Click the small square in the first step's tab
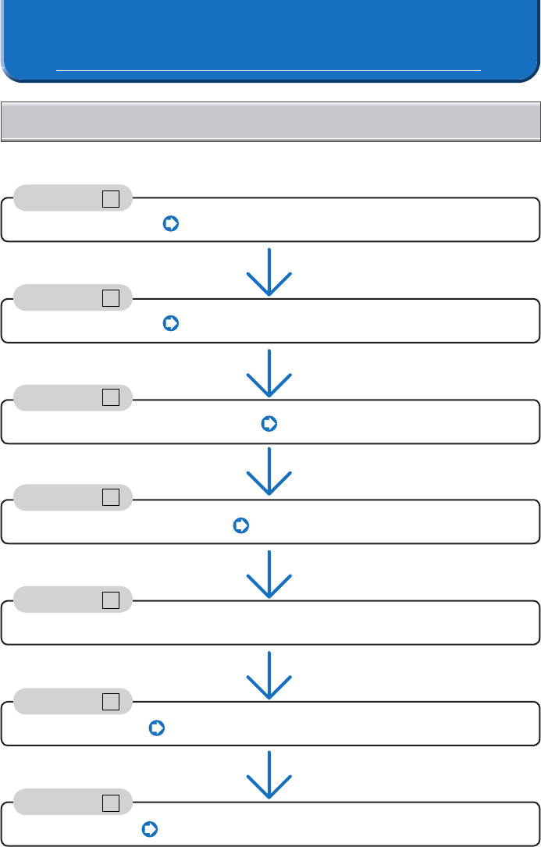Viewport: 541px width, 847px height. pyautogui.click(x=110, y=199)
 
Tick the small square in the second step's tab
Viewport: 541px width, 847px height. pyautogui.click(x=110, y=297)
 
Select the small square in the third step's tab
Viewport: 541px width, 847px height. pyautogui.click(x=110, y=397)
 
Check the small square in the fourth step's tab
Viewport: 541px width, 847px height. pyautogui.click(x=110, y=497)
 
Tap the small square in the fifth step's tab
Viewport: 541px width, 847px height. pyautogui.click(x=110, y=600)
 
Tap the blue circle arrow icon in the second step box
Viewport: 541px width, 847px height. pyautogui.click(x=171, y=323)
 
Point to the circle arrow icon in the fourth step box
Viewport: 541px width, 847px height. pyautogui.click(x=240, y=525)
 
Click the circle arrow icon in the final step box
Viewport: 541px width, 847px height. pyautogui.click(x=151, y=829)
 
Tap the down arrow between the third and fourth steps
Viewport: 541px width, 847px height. pyautogui.click(x=269, y=472)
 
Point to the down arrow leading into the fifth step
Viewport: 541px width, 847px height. pyautogui.click(x=269, y=575)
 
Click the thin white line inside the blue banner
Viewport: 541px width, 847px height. pyautogui.click(x=269, y=71)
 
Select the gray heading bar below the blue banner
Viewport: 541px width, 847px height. pyautogui.click(x=270, y=121)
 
